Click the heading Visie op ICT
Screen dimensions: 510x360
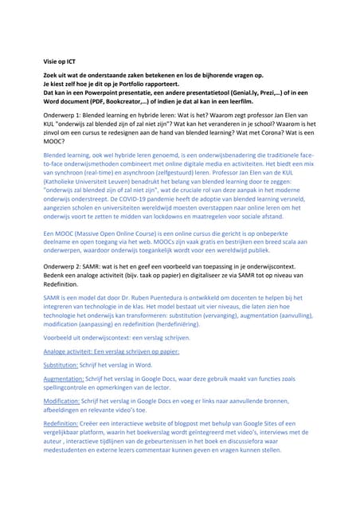(60, 61)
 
